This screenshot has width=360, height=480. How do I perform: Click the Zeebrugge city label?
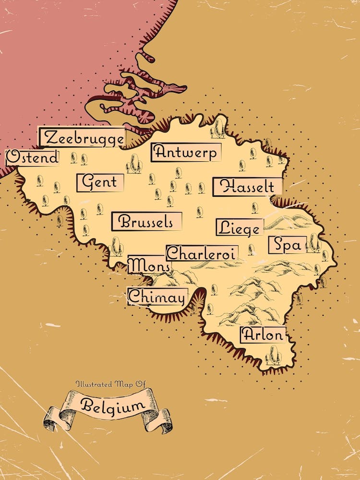coord(83,138)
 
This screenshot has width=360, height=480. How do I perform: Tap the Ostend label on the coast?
coord(32,157)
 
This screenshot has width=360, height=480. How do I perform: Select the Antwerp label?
coord(186,152)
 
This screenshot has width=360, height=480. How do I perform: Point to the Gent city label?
coord(100,182)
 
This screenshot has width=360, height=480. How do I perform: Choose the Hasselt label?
coord(248,187)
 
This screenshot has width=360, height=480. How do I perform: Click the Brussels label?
coord(146,222)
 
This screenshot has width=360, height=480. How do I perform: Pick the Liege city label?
coord(240,228)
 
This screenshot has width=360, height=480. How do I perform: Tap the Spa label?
coord(287,245)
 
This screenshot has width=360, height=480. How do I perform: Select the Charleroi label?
coord(202,253)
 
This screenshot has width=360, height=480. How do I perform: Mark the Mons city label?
coord(149,264)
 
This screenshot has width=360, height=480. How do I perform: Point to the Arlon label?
coord(263,335)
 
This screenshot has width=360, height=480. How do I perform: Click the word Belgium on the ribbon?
coord(112,406)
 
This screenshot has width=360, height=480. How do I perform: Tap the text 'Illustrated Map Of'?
coord(110,384)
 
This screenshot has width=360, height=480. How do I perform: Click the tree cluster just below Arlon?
coord(274,356)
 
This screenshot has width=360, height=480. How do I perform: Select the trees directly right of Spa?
coord(314,243)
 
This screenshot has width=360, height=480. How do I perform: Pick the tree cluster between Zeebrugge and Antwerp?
coord(134,164)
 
